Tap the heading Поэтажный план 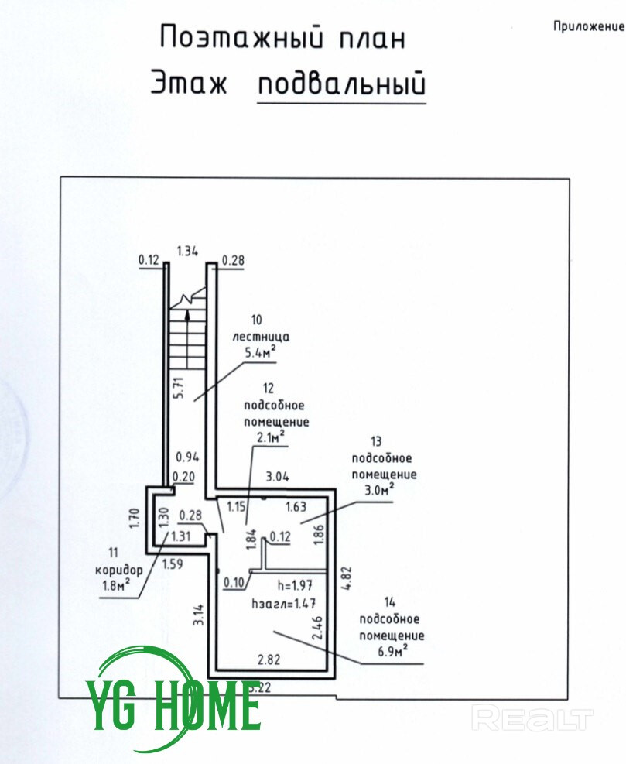pyautogui.click(x=282, y=37)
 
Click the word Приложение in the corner pyautogui.click(x=588, y=26)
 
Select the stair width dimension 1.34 pyautogui.click(x=189, y=250)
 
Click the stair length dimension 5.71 pyautogui.click(x=180, y=387)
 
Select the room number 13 pyautogui.click(x=377, y=442)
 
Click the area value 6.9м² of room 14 pyautogui.click(x=392, y=653)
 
